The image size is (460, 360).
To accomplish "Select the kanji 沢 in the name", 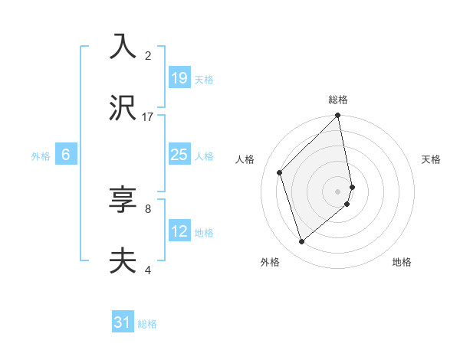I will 123,109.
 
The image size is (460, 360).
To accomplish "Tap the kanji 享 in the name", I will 123,200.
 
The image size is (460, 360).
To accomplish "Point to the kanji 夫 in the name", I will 123,261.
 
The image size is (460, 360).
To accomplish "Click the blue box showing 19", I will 179,78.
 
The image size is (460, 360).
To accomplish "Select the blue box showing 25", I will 179,155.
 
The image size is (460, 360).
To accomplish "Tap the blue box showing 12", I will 179,231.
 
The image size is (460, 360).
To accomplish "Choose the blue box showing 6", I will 66,155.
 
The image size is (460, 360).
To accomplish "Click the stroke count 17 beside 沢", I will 148,117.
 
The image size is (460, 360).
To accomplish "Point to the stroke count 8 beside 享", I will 148,208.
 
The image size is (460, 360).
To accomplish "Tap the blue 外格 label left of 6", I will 41,155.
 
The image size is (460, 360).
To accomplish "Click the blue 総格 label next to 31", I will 147,324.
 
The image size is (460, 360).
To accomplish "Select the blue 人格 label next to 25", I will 204,155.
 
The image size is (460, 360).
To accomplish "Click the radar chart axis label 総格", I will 338,100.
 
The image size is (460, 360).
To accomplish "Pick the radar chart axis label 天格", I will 431,159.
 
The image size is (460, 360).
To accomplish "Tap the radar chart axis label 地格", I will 402,262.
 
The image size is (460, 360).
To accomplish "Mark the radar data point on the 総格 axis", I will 338,116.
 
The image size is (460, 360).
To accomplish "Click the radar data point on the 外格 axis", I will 302,242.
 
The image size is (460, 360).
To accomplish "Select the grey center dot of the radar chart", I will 338,191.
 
